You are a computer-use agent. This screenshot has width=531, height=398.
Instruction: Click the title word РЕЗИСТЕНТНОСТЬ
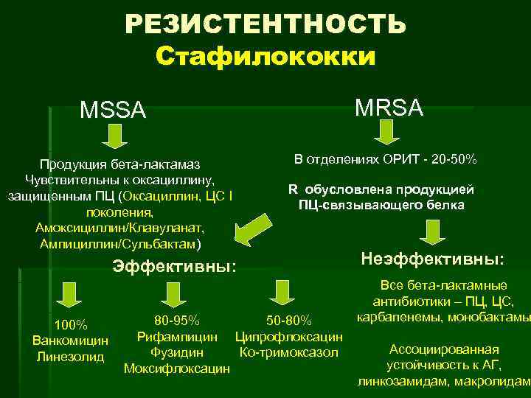click(265, 24)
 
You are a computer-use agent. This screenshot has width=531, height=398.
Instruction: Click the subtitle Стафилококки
click(265, 57)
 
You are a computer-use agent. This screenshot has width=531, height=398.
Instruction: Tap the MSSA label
click(114, 112)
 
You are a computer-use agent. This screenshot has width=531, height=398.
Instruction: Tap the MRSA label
click(389, 108)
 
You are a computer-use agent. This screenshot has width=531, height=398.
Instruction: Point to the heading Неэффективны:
click(434, 259)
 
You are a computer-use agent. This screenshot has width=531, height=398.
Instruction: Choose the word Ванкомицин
click(71, 341)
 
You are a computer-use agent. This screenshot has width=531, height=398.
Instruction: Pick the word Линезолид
click(71, 356)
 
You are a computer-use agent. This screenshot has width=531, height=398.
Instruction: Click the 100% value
click(71, 325)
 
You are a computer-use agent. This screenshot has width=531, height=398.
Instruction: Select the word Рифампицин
click(177, 337)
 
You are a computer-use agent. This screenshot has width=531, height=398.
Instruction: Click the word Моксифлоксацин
click(177, 368)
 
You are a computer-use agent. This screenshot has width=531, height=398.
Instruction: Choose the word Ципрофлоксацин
click(288, 337)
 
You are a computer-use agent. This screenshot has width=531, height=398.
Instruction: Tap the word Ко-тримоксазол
click(289, 352)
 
